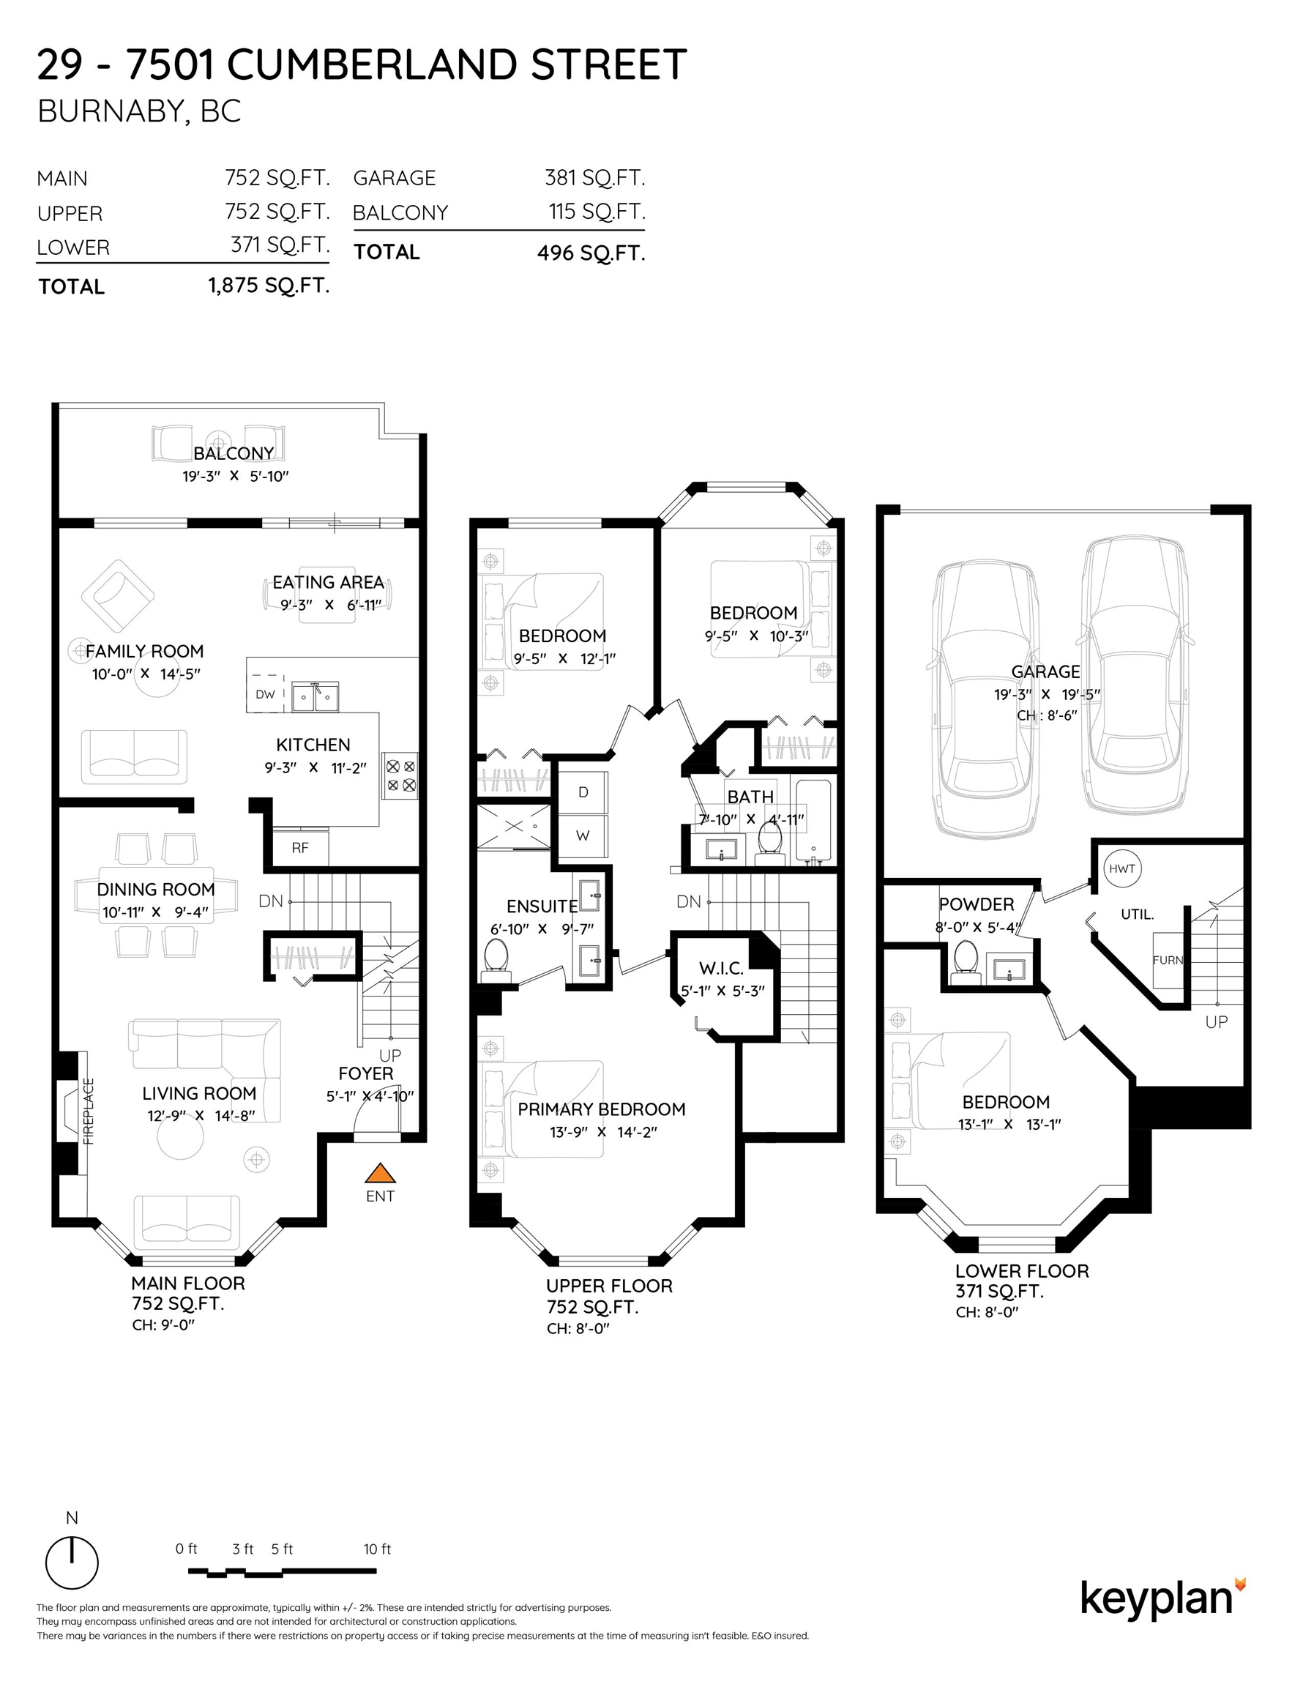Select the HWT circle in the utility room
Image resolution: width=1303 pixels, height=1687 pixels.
pyautogui.click(x=1121, y=869)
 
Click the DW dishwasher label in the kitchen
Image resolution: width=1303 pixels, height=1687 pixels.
pyautogui.click(x=265, y=694)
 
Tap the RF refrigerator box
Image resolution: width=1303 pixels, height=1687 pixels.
pyautogui.click(x=300, y=847)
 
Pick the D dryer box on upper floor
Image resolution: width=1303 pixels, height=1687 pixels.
pyautogui.click(x=583, y=792)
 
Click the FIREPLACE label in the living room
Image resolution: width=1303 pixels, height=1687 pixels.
pyautogui.click(x=88, y=1111)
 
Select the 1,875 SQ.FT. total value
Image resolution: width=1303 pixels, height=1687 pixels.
pyautogui.click(x=269, y=286)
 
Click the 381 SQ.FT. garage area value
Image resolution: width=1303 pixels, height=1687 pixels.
pyautogui.click(x=594, y=178)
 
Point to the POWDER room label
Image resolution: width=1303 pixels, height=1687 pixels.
pyautogui.click(x=977, y=904)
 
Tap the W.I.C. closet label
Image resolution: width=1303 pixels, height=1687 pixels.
pyautogui.click(x=721, y=968)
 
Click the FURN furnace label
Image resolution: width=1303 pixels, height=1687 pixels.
pyautogui.click(x=1168, y=960)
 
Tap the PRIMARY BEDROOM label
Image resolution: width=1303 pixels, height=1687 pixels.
pyautogui.click(x=602, y=1109)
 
